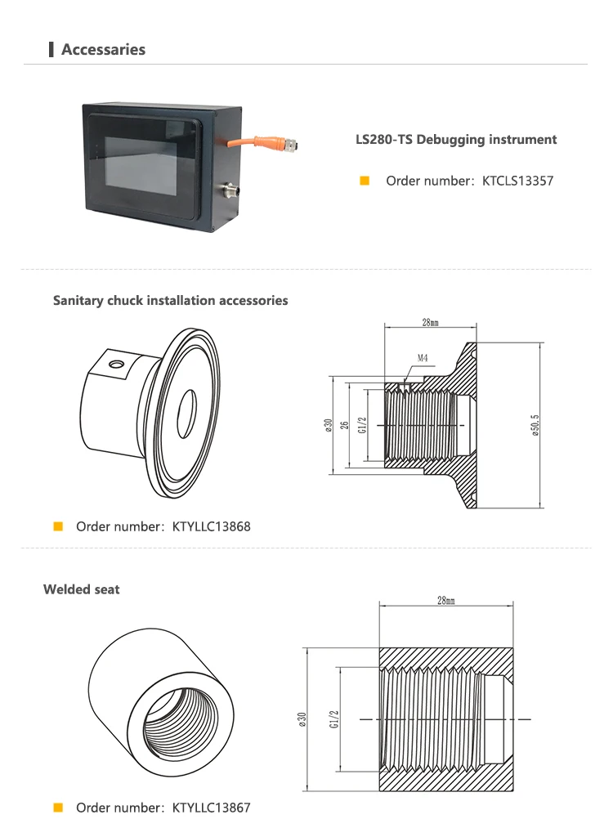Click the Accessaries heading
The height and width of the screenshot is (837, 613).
click(103, 50)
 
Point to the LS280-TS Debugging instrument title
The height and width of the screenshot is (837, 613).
click(456, 140)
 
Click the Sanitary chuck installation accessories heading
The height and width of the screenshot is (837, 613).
click(171, 301)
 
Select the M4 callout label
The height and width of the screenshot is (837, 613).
click(423, 358)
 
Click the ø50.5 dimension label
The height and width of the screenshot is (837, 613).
click(535, 425)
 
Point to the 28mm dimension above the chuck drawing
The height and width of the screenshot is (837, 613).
click(430, 323)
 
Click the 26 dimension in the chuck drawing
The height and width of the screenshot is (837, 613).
click(345, 425)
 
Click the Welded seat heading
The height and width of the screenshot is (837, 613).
click(82, 589)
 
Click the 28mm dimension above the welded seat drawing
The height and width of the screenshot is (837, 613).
click(445, 601)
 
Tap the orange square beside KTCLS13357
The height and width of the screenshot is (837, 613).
click(365, 181)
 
